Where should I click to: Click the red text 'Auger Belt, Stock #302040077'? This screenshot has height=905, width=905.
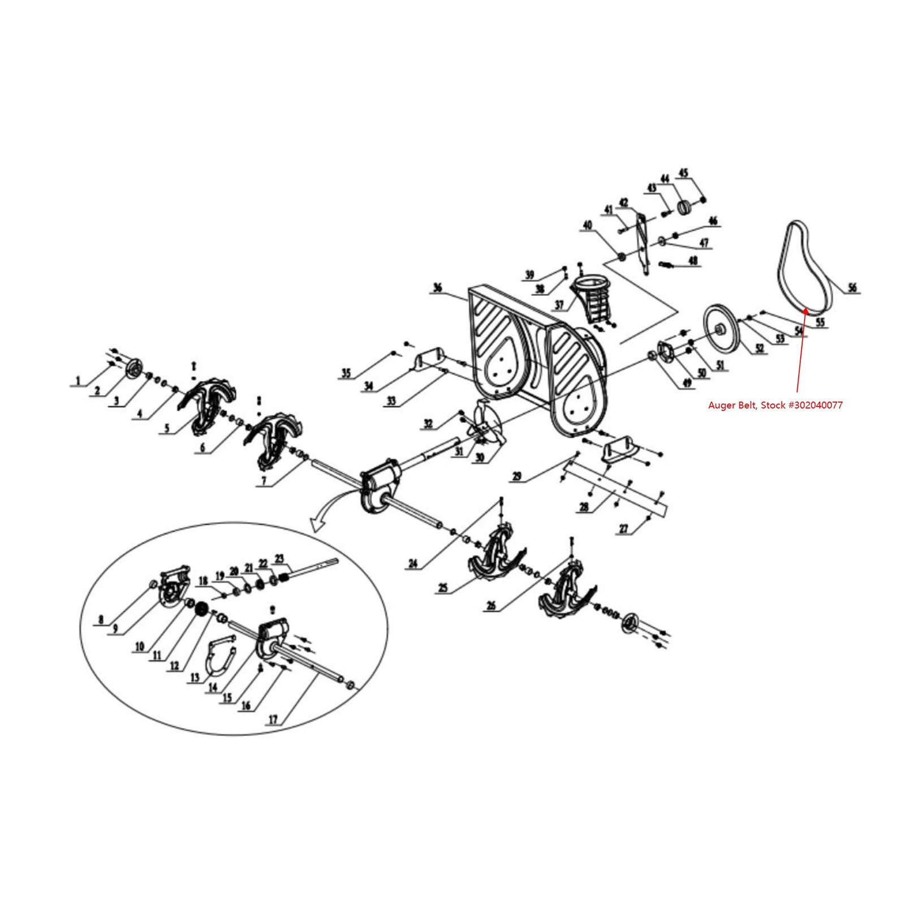[x=775, y=405]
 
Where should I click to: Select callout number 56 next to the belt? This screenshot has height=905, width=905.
[x=852, y=288]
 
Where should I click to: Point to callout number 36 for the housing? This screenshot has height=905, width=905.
[x=437, y=288]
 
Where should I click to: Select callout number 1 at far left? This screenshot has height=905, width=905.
[x=78, y=381]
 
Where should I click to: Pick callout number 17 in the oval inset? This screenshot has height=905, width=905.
[x=273, y=719]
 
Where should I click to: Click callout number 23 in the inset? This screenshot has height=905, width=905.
[x=279, y=558]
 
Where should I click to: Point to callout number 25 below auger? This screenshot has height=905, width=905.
[x=443, y=588]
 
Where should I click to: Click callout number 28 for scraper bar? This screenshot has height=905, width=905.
[x=584, y=507]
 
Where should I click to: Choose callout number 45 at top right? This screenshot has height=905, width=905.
[x=683, y=173]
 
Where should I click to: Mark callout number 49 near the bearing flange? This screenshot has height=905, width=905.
[x=687, y=383]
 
